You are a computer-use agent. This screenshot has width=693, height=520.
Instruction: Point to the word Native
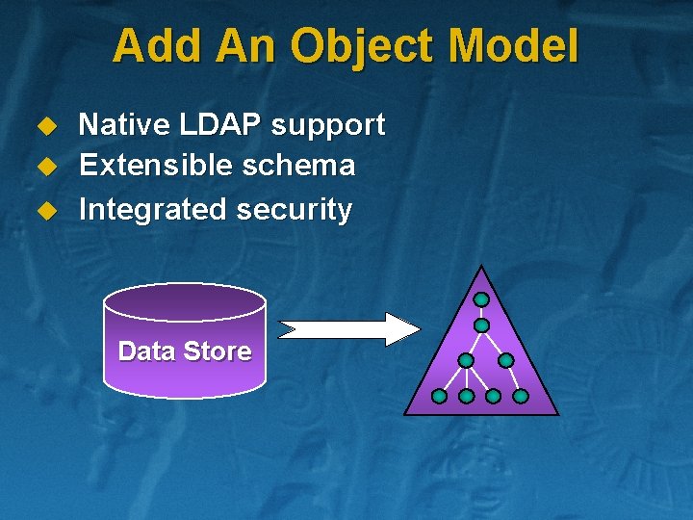[119, 124]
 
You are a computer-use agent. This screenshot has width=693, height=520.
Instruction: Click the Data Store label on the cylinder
[184, 351]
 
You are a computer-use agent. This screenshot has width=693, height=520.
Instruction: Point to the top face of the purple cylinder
[184, 301]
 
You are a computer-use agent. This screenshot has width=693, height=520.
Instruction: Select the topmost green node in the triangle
[481, 299]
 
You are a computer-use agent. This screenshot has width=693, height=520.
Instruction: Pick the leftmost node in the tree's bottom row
[439, 396]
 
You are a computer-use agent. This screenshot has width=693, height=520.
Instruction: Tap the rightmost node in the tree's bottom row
[521, 396]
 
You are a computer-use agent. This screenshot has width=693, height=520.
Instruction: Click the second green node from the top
[481, 325]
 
